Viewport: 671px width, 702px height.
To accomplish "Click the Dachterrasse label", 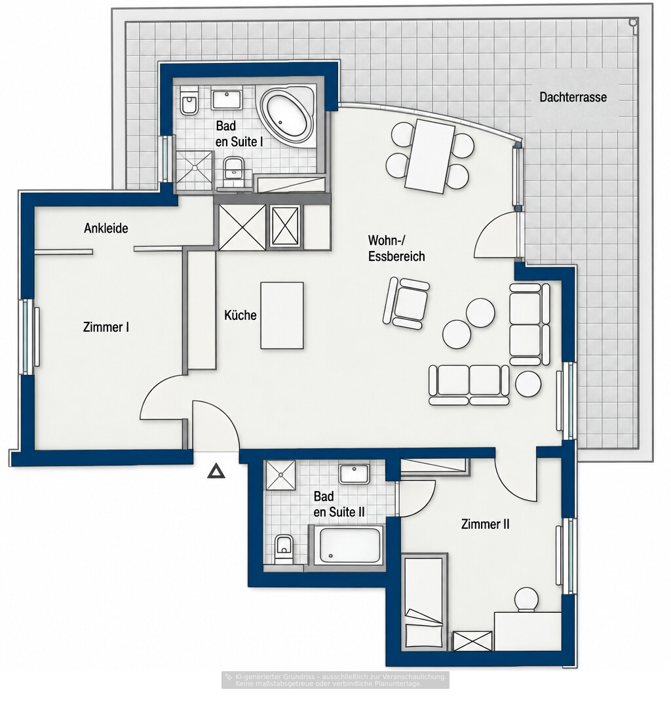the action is pyautogui.click(x=573, y=97).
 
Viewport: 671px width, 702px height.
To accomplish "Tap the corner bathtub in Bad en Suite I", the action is pyautogui.click(x=288, y=115).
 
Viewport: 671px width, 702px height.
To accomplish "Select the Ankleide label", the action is pyautogui.click(x=106, y=228).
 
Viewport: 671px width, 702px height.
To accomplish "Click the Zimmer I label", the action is pyautogui.click(x=106, y=327).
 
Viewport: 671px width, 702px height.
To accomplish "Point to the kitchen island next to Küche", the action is pyautogui.click(x=282, y=315).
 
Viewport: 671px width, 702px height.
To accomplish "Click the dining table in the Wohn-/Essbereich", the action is pyautogui.click(x=430, y=156).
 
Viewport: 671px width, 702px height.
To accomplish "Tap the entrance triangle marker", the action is pyautogui.click(x=216, y=471).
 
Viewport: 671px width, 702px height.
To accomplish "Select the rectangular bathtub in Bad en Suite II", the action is pyautogui.click(x=348, y=545).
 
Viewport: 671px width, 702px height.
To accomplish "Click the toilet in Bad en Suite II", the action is pyautogui.click(x=283, y=549).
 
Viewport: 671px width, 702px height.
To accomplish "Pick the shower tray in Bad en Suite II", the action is pyautogui.click(x=280, y=475).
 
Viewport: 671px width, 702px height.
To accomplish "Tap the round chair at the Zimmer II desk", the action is pyautogui.click(x=526, y=599).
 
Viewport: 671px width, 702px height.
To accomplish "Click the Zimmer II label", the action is pyautogui.click(x=486, y=524).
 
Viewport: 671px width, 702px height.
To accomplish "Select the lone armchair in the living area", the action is pyautogui.click(x=406, y=303).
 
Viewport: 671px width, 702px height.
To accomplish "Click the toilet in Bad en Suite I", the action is pyautogui.click(x=189, y=101).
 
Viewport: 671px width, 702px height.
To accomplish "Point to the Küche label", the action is pyautogui.click(x=240, y=315).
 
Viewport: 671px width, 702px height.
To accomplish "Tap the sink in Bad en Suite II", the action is pyautogui.click(x=354, y=474).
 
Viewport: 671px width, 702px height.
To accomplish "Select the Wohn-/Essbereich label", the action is pyautogui.click(x=396, y=248).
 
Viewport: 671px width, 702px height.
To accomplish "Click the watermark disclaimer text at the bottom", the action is pyautogui.click(x=335, y=680).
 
